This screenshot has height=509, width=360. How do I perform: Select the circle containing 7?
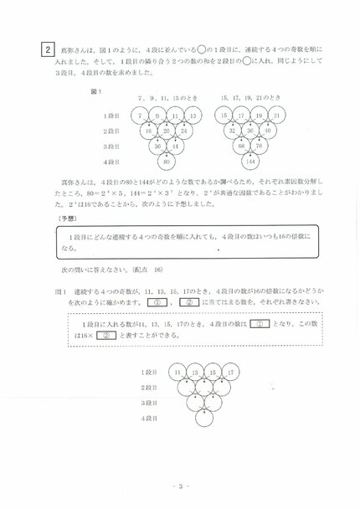click(140, 115)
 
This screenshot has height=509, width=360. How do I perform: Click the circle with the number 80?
click(167, 161)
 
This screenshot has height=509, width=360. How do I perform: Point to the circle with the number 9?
click(158, 115)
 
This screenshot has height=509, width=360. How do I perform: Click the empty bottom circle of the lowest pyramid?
click(205, 417)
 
